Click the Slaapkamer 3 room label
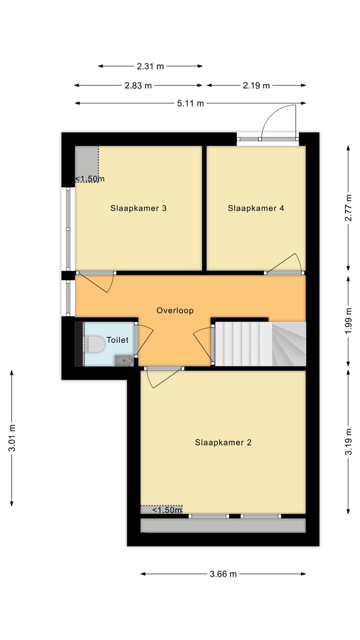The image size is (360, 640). coord(138,208)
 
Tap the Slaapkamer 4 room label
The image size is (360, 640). coord(255,208)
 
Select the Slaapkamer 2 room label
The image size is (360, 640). coord(223,442)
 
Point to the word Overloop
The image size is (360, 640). coord(175,310)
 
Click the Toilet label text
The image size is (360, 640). coord(117,340)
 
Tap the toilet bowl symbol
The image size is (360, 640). coord(95,344)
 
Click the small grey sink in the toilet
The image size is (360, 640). coord(123,359)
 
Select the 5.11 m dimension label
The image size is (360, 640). coord(190,103)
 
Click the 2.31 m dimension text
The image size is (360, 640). coord(150,66)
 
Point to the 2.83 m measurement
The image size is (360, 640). coord(138,85)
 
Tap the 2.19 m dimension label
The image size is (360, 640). coord(256,85)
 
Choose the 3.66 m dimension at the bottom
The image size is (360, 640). coord(223,574)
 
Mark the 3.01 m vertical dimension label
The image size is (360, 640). coord(12,438)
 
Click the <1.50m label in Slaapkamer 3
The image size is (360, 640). coord(89,179)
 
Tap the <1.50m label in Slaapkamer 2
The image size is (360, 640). coord(166,510)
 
